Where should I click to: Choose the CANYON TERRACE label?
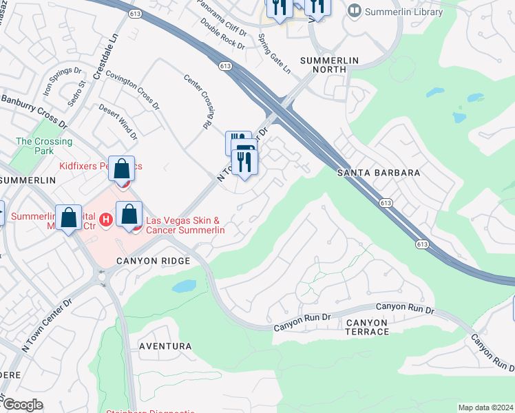click(x=367, y=327)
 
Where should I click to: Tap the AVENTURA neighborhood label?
click(x=165, y=346)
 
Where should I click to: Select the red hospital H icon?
click(x=105, y=220)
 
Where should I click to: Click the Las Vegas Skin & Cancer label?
click(x=183, y=225)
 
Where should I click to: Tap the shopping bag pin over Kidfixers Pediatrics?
click(x=121, y=169)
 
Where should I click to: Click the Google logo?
click(x=22, y=405)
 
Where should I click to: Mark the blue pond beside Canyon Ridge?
click(x=184, y=286)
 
